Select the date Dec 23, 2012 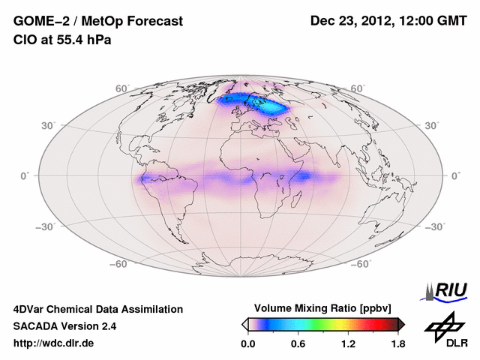tap(349, 21)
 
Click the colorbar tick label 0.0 tap(247, 344)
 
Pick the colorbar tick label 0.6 tap(298, 344)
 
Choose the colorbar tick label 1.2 tap(348, 344)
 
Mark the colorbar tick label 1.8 tap(397, 344)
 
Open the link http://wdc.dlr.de tap(54, 344)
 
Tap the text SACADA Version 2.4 tap(64, 326)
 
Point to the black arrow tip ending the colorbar tap(402, 324)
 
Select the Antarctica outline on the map tap(247, 265)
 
